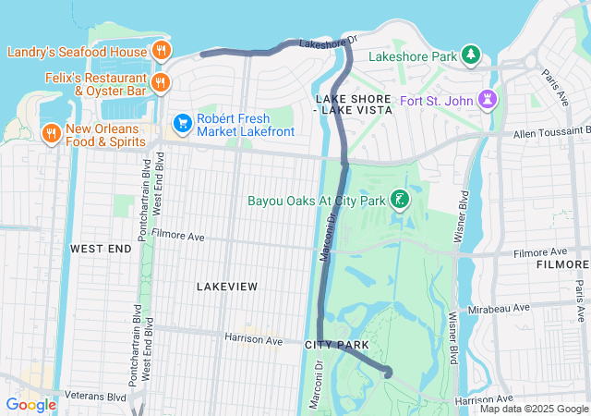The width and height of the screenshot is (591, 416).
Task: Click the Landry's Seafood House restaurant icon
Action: click(x=161, y=51)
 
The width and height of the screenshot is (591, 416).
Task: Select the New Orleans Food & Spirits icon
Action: click(x=51, y=135)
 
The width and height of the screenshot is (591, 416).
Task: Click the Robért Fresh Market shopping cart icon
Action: click(x=182, y=122)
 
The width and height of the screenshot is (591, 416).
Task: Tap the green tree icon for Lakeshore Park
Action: click(x=472, y=56)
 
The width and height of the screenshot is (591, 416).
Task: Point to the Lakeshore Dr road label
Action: click(x=328, y=43)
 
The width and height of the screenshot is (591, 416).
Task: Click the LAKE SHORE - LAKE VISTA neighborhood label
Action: click(x=354, y=104)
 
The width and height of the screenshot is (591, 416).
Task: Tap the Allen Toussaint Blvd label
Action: click(x=545, y=132)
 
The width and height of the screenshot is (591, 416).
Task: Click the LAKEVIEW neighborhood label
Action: click(x=227, y=287)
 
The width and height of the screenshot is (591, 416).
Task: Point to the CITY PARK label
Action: click(x=337, y=345)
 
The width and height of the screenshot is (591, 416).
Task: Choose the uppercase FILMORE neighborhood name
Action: click(x=561, y=265)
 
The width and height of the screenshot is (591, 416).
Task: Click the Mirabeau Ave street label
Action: click(x=499, y=306)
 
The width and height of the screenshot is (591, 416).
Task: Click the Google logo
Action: click(x=30, y=404)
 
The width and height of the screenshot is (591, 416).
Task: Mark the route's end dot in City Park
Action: click(x=387, y=373)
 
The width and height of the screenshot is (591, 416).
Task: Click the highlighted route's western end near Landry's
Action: click(x=203, y=54)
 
